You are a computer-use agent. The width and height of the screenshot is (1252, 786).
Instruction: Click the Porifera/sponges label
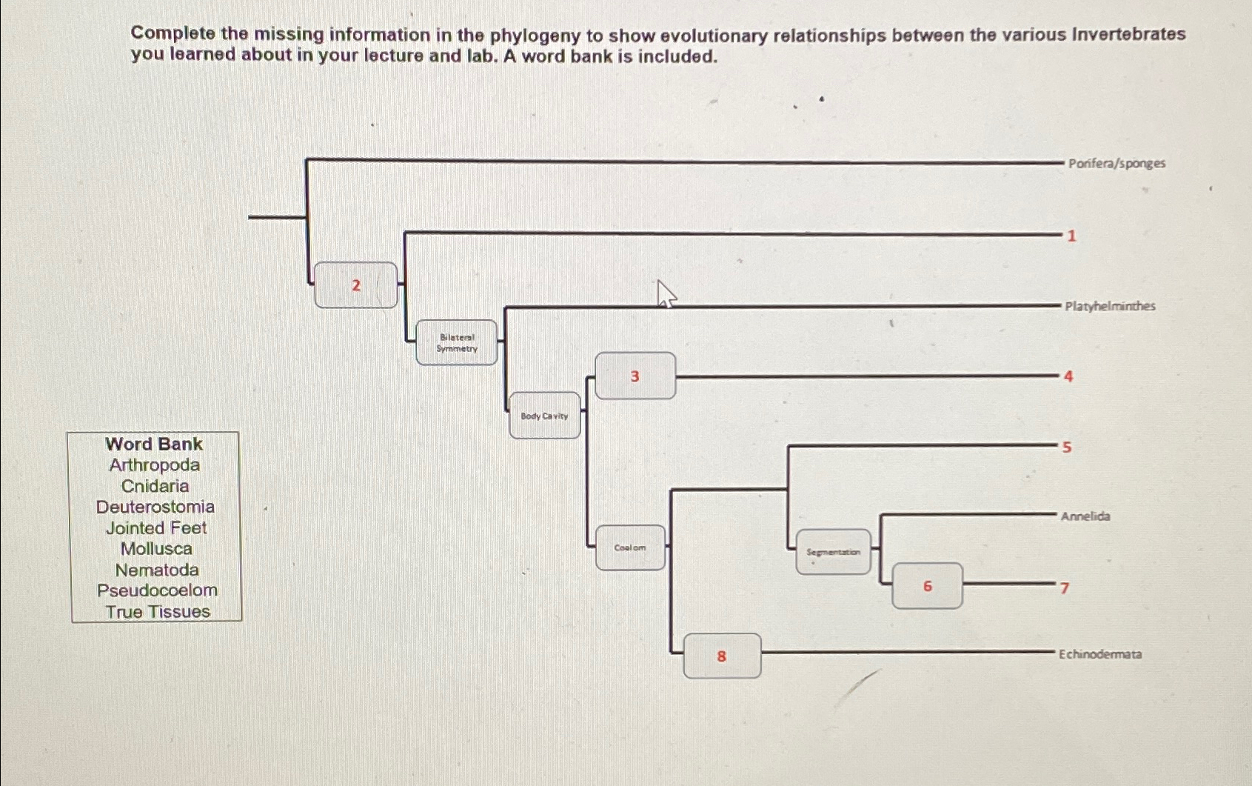pyautogui.click(x=1117, y=163)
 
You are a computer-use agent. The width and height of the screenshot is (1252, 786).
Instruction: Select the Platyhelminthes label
pyautogui.click(x=1110, y=306)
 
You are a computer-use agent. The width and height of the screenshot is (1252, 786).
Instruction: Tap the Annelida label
pyautogui.click(x=1085, y=516)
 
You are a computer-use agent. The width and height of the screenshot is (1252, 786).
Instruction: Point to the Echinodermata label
pyautogui.click(x=1099, y=654)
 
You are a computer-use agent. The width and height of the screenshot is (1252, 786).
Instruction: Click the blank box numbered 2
pyautogui.click(x=356, y=285)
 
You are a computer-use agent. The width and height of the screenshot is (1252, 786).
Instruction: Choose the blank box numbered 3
pyautogui.click(x=635, y=376)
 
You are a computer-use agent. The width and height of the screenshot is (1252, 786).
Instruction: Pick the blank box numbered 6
pyautogui.click(x=927, y=586)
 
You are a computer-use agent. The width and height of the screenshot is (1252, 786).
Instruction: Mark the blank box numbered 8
pyautogui.click(x=722, y=656)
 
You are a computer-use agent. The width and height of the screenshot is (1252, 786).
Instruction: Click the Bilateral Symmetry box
pyautogui.click(x=457, y=342)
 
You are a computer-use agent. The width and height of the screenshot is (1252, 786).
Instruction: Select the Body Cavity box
pyautogui.click(x=545, y=416)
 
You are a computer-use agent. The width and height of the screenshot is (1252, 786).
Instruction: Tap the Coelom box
pyautogui.click(x=630, y=547)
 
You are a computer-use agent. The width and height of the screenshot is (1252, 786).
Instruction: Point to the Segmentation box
pyautogui.click(x=833, y=552)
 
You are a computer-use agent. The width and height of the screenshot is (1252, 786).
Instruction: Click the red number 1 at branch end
pyautogui.click(x=1071, y=236)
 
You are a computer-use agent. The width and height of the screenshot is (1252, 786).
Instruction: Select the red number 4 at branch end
pyautogui.click(x=1068, y=376)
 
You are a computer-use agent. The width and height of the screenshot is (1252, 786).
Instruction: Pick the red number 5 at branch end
pyautogui.click(x=1067, y=447)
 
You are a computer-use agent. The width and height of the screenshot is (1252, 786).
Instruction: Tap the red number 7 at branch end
pyautogui.click(x=1065, y=588)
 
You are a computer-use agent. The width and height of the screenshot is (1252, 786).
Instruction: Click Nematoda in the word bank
pyautogui.click(x=157, y=570)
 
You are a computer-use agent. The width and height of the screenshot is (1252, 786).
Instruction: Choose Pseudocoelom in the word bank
pyautogui.click(x=157, y=590)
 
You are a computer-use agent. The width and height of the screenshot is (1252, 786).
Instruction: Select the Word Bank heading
pyautogui.click(x=154, y=444)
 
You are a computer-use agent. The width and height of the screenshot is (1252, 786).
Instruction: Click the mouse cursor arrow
pyautogui.click(x=665, y=293)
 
